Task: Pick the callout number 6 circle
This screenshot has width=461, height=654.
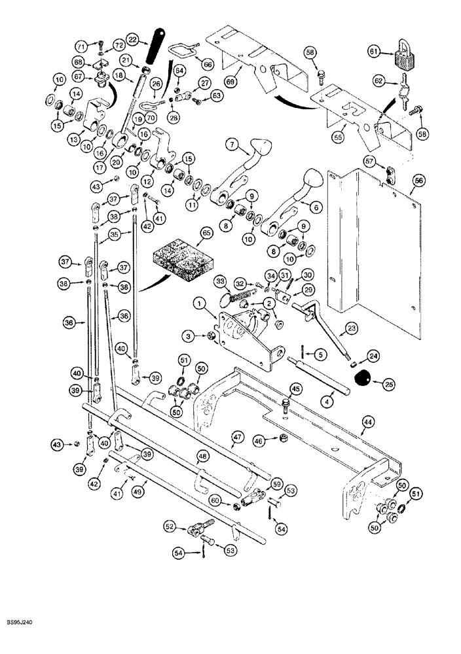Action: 316,205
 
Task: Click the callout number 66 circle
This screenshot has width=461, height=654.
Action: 208,65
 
